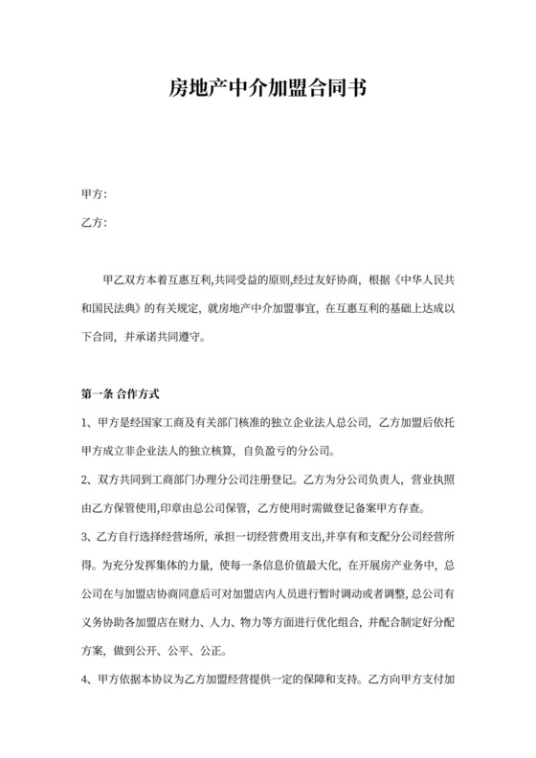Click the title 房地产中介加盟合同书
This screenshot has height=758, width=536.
click(267, 89)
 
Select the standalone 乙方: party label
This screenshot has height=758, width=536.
click(94, 224)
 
